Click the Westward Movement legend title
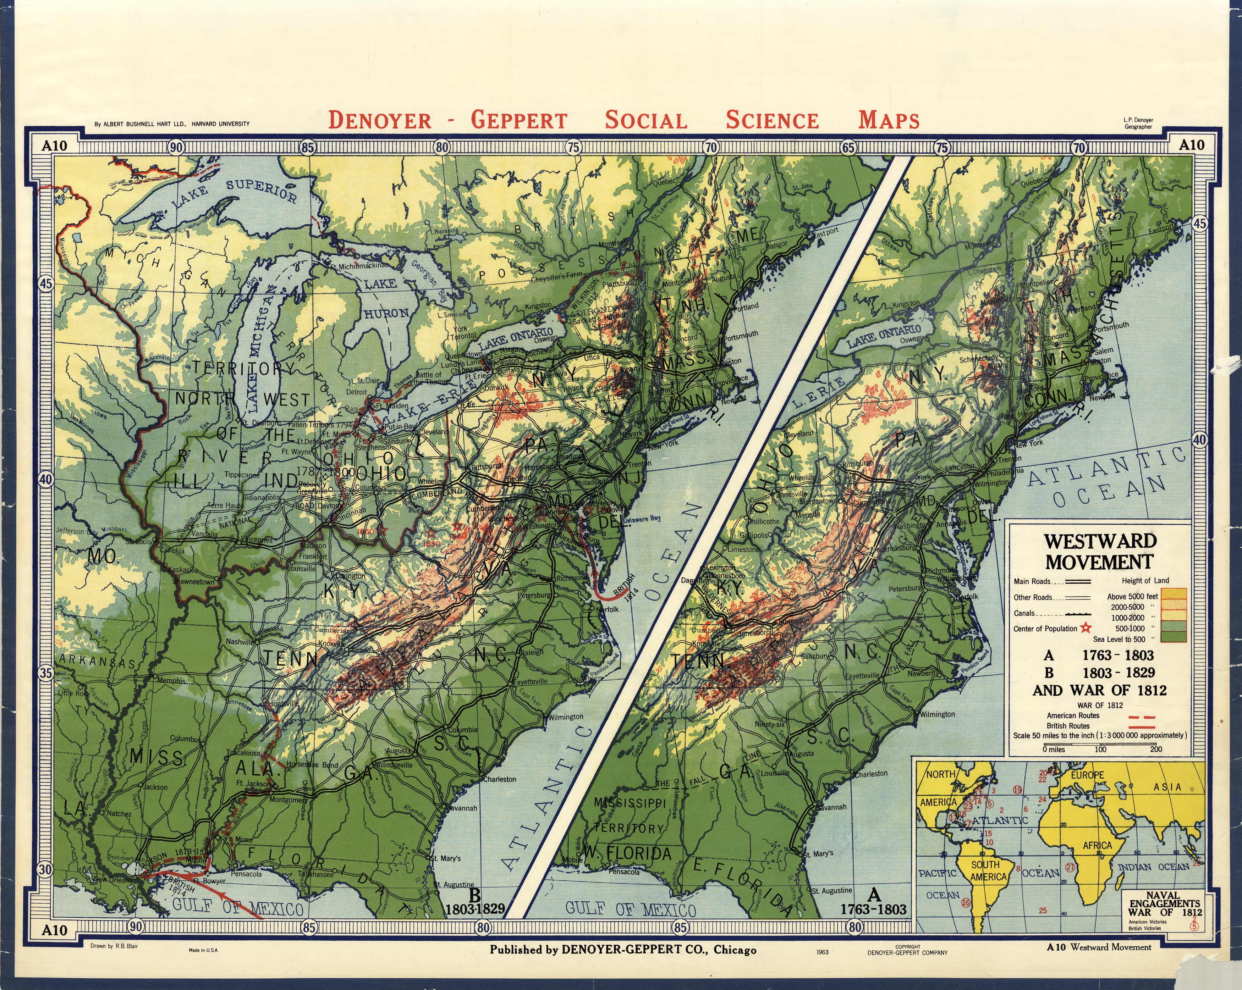(1099, 551)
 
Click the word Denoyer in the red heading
(380, 120)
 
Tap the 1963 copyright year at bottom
(822, 952)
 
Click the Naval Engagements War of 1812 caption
(1164, 903)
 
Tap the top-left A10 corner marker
(54, 145)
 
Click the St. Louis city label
(138, 542)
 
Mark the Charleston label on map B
(499, 779)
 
